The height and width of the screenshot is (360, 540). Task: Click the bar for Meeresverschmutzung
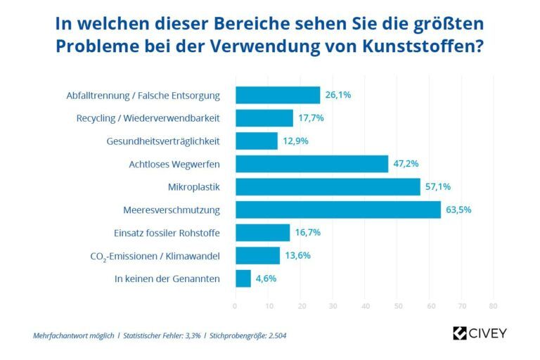coord(337,210)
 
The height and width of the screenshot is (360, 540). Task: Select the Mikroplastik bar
coord(328,187)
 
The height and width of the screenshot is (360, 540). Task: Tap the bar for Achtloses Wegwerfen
coord(311,164)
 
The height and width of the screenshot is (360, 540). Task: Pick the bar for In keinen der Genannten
coord(243,278)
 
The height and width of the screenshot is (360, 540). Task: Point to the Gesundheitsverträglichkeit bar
coord(257,141)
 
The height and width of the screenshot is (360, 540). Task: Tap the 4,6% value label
coord(265,278)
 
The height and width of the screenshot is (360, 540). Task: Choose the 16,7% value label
coord(304,233)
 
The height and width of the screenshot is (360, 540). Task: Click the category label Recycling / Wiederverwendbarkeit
coord(148,118)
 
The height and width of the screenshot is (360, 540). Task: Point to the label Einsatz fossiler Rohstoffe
coord(167,233)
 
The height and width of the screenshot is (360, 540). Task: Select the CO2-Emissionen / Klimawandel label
coord(155,256)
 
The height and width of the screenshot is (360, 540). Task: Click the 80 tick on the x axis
coord(493,306)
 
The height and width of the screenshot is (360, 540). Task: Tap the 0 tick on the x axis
coord(236,306)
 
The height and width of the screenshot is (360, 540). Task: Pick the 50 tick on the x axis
coord(397,306)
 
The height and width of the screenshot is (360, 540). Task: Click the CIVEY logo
coord(480,333)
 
